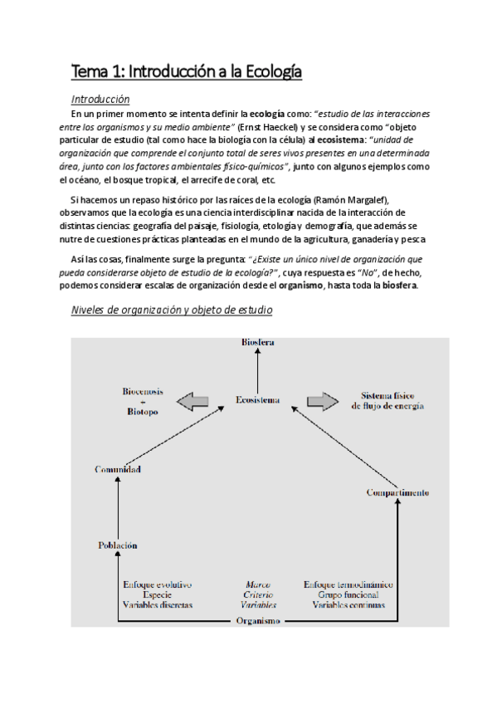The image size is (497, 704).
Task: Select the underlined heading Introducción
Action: [100, 99]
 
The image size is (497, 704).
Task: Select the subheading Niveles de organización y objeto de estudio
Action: [172, 310]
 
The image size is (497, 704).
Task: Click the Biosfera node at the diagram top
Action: [257, 342]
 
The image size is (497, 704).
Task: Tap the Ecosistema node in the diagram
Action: [257, 399]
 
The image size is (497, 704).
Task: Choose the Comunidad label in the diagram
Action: [118, 470]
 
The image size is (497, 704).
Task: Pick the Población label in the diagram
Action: [118, 545]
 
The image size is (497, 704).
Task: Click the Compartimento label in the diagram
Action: [397, 492]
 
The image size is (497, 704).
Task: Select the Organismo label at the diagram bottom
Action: [258, 620]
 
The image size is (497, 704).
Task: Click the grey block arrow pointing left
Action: [192, 402]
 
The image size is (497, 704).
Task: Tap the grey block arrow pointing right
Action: [324, 402]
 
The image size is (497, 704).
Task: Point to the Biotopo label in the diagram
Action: [138, 411]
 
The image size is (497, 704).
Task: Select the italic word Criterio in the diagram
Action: [259, 594]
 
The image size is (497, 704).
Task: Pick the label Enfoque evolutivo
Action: [158, 584]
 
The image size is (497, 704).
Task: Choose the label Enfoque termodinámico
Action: [348, 584]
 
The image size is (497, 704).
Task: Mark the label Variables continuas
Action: [348, 604]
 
